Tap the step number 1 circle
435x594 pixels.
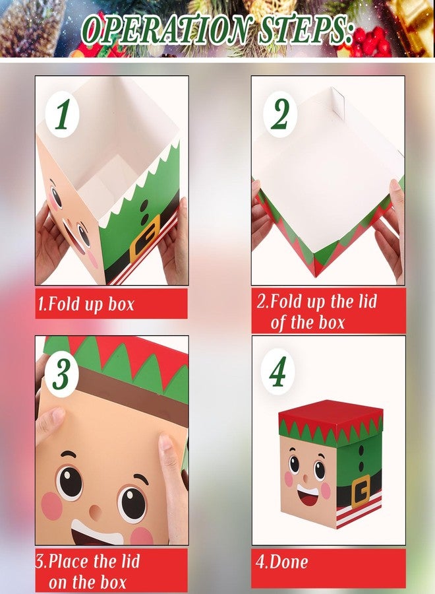click(x=63, y=114)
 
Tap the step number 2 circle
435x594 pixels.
click(x=280, y=114)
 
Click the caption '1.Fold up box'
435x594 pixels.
click(x=86, y=304)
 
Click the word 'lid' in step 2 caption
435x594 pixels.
click(x=367, y=302)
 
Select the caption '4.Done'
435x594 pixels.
click(x=282, y=562)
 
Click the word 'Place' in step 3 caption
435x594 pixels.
click(x=70, y=561)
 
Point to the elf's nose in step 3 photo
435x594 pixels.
click(x=96, y=512)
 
